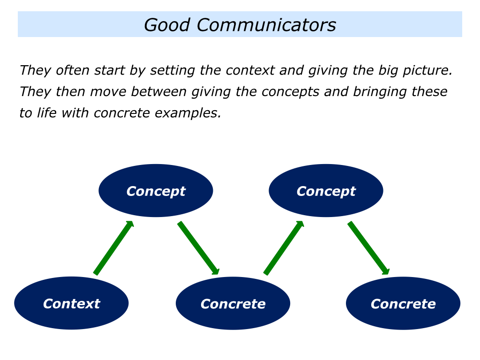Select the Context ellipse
(x=71, y=303)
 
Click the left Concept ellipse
(x=156, y=191)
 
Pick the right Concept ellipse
(x=326, y=191)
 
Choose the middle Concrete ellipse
(x=233, y=303)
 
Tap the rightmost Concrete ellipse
(x=403, y=303)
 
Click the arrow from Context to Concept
(x=113, y=248)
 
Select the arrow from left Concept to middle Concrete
(x=198, y=248)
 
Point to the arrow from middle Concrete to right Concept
(x=284, y=248)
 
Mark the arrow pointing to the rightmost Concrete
(x=368, y=248)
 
